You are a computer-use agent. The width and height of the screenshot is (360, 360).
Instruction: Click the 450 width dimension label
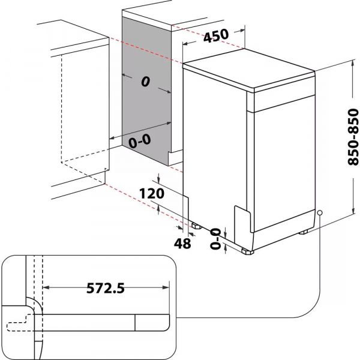[x=216, y=35]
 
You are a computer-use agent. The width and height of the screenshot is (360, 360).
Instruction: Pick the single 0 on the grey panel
[x=145, y=83]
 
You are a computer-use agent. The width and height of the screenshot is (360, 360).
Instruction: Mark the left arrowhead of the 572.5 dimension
[x=46, y=288]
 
